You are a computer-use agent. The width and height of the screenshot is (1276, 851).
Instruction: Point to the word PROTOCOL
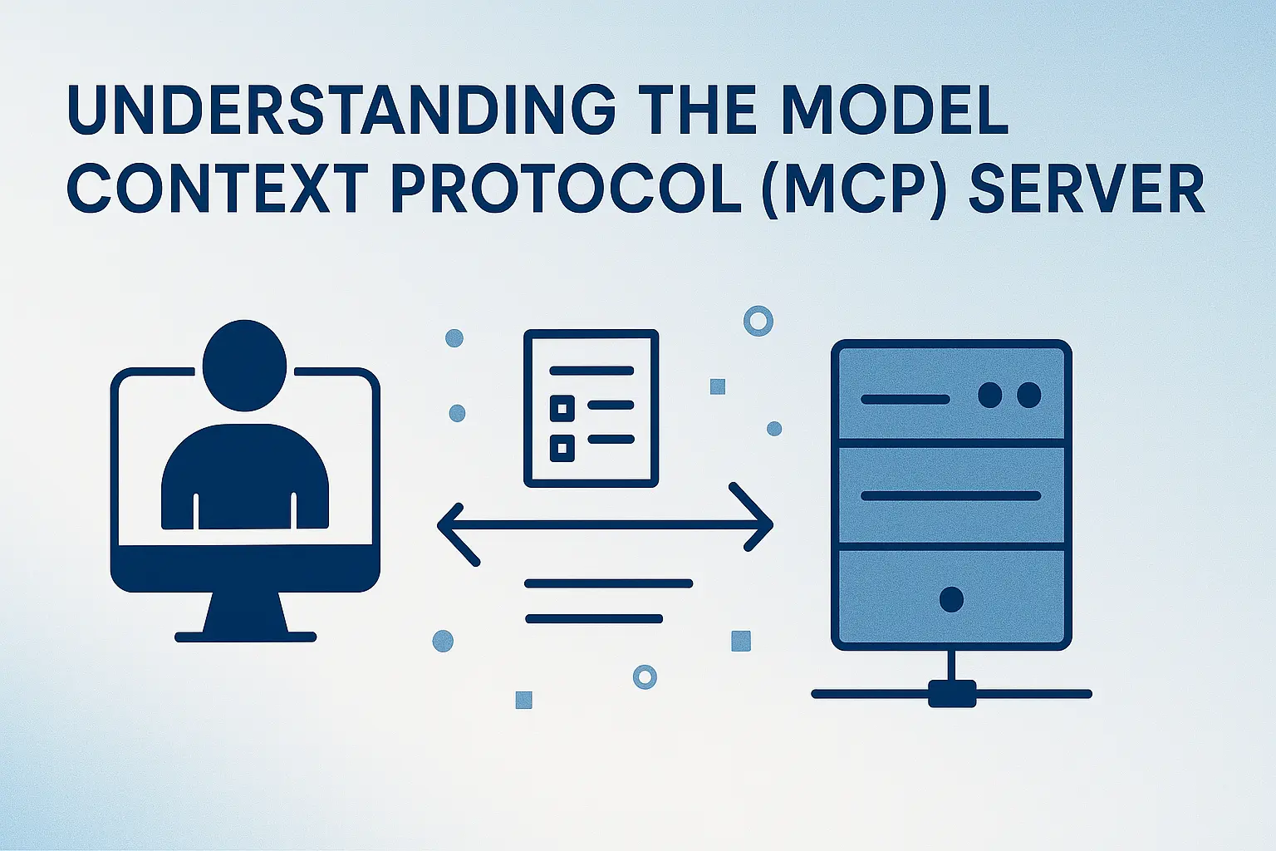pos(566,189)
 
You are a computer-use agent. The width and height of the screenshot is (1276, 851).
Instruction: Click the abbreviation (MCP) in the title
pos(855,189)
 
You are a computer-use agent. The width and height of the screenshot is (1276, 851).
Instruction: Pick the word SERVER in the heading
pos(1087,189)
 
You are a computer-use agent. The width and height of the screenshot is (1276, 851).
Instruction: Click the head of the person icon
pos(244,365)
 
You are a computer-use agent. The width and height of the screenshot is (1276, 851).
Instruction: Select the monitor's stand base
pos(246,637)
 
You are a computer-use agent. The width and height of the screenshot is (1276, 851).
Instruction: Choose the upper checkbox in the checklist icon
pos(562,407)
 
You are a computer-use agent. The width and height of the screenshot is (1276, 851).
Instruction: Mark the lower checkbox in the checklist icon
pos(562,449)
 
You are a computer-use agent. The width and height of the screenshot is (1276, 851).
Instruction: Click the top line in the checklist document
pos(591,371)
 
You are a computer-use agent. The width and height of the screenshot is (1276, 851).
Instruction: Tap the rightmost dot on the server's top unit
pos(1028,395)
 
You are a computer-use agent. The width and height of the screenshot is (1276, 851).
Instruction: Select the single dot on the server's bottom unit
pos(951,598)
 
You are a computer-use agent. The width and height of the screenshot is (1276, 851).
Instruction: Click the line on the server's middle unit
pos(951,496)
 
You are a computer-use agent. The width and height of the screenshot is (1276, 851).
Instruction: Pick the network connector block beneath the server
pos(951,693)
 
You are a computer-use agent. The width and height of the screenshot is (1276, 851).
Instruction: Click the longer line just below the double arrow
pos(609,583)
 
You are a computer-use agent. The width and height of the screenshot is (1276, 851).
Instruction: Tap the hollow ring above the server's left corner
pos(758,321)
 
